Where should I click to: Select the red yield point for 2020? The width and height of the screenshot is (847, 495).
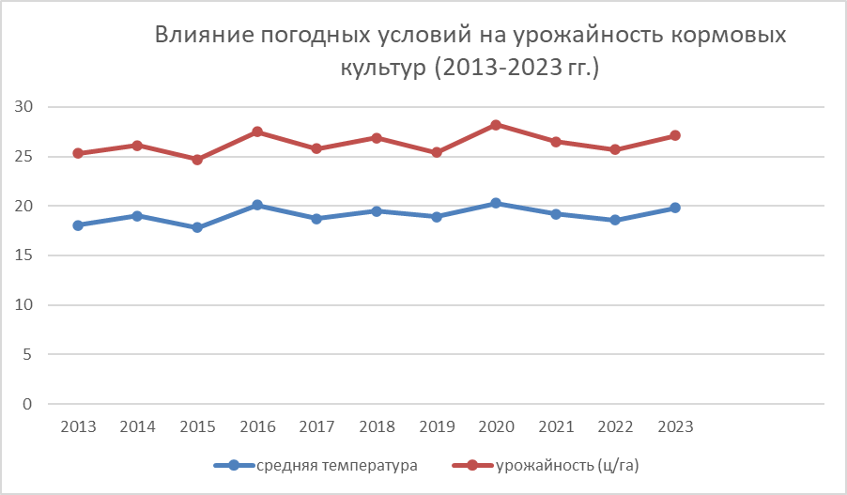pos(496,124)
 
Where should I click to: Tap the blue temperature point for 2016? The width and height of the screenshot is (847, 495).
pos(257,205)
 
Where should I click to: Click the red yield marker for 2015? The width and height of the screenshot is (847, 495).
pos(197,160)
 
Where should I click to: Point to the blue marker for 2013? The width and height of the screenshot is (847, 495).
pos(78,225)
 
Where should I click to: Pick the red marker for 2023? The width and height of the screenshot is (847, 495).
pos(675,135)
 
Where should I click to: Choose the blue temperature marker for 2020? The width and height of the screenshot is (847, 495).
pos(496,203)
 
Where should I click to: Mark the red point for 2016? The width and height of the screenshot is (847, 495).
pos(257,131)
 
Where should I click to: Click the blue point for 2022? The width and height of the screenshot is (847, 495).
pos(615,220)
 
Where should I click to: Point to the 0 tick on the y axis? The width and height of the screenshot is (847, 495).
pos(27,405)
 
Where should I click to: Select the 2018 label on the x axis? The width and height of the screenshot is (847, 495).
pos(377,427)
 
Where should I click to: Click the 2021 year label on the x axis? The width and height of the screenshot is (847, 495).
pos(556,427)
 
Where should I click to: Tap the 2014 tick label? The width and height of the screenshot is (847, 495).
pos(138,427)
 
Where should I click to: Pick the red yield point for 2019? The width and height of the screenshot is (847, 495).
pos(437,152)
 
